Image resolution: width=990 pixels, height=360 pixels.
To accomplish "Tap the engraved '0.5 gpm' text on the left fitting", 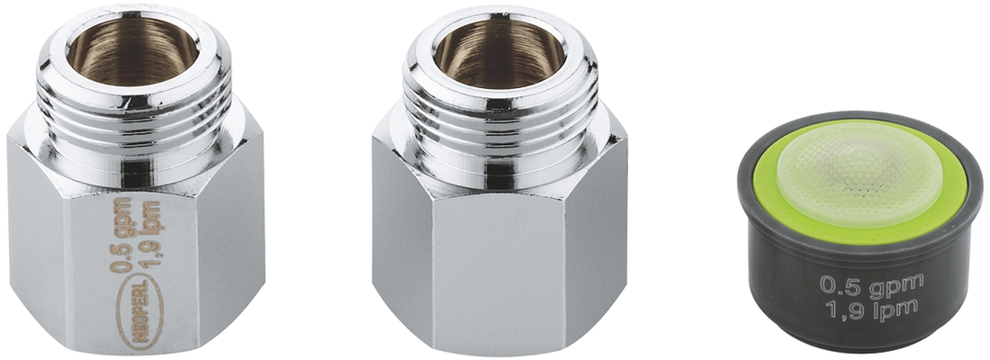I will point(122,237).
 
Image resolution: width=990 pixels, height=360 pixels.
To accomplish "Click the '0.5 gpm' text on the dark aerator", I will point(870,284).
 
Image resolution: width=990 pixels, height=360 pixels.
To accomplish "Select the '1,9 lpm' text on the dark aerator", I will point(870,308).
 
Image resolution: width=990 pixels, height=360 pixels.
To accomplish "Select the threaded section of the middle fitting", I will point(499,121).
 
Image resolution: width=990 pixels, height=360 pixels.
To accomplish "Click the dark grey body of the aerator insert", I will point(792,288).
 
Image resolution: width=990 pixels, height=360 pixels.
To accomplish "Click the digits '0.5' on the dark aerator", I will point(836,284).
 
